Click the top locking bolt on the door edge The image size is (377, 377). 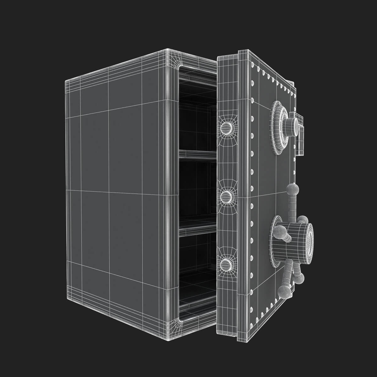(x=226, y=127)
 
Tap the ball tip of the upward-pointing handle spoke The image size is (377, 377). (x=292, y=189)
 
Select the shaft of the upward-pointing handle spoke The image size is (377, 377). (x=293, y=204)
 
